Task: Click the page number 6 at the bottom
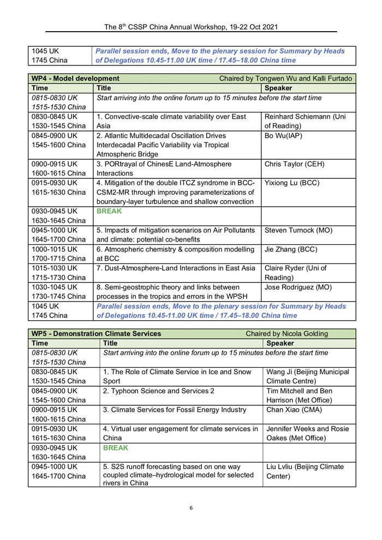191,508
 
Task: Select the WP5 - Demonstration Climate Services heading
97,333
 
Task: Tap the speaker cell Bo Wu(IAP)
284,135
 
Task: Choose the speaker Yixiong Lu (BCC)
291,183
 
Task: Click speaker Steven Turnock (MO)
300,230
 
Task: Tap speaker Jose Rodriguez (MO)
298,286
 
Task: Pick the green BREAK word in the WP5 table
116,448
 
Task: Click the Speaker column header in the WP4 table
278,88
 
